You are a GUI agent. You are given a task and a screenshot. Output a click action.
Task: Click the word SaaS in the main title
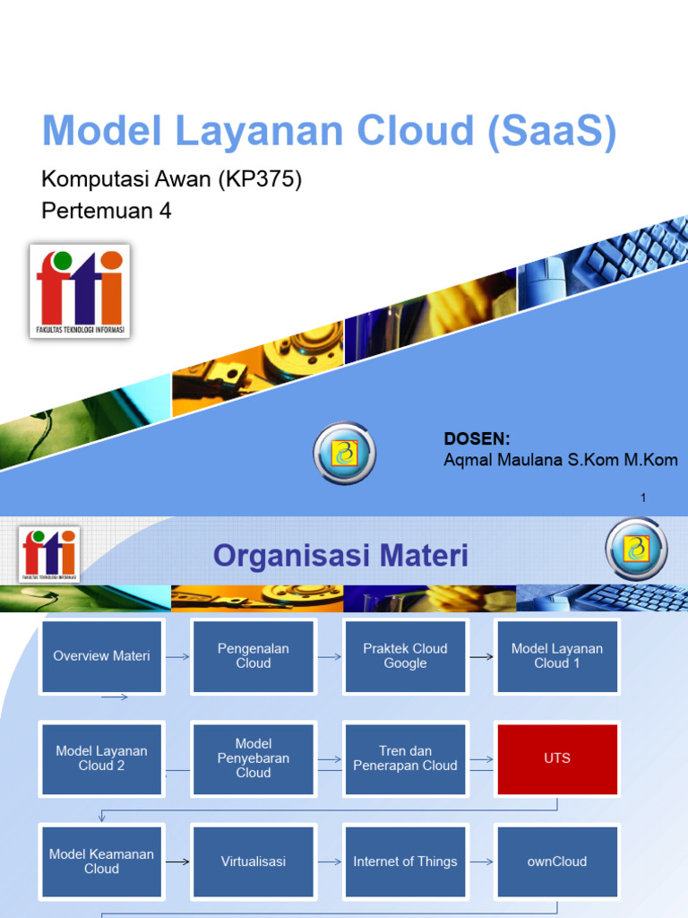(552, 131)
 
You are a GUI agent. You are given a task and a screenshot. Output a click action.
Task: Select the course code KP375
(269, 179)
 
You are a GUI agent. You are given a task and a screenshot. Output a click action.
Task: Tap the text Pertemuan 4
(106, 211)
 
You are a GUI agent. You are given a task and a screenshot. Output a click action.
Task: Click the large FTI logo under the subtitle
(80, 291)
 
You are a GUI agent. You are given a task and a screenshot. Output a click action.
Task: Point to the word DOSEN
(477, 438)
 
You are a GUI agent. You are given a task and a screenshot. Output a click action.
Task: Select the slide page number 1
(643, 498)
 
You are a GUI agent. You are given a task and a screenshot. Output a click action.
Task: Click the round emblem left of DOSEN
(344, 454)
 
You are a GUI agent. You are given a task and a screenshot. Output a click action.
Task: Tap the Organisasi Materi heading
(340, 556)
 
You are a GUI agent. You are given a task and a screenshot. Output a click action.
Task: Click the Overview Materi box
(101, 656)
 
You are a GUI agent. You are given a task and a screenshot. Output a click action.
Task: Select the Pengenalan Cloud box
(254, 656)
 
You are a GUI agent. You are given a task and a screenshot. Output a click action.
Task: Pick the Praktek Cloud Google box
(405, 656)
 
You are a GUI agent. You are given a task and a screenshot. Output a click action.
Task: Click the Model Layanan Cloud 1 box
(557, 656)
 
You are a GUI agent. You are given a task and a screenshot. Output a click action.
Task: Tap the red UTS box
(557, 758)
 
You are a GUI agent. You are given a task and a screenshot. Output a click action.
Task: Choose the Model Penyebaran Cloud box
(254, 758)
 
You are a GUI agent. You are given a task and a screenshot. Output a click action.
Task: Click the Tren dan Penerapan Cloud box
(405, 758)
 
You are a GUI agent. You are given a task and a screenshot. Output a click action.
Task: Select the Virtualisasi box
(254, 862)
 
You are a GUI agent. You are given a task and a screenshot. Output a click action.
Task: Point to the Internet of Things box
(405, 862)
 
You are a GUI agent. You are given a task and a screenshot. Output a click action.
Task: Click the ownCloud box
(557, 862)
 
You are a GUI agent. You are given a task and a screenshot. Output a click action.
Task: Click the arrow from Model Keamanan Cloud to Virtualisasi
(177, 862)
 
